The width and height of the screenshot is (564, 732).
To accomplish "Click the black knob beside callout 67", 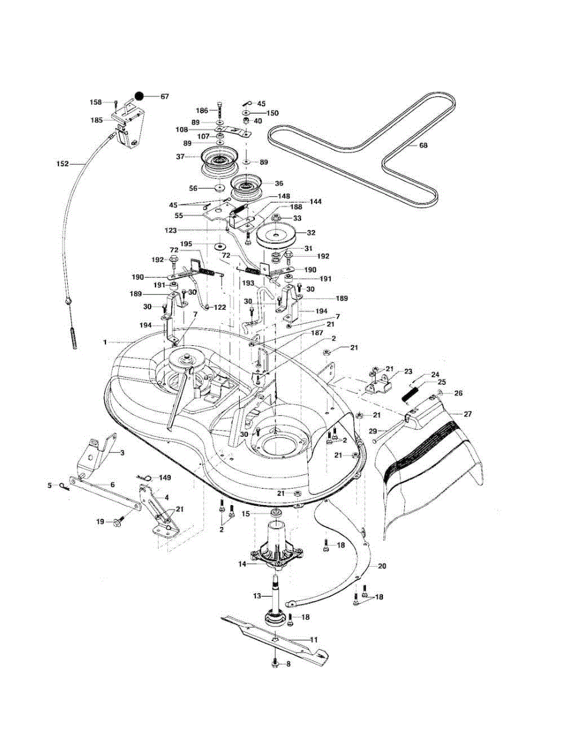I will coord(140,96).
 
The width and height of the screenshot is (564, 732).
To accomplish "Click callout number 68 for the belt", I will coord(423,146).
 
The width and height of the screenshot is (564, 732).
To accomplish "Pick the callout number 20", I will coord(382,566).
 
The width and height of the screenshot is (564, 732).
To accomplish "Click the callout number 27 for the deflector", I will coord(468,414).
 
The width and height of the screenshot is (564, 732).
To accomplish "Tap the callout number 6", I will coord(112,484).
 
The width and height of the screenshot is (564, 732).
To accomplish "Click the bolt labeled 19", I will coord(115,522).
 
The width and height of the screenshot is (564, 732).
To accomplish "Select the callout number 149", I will coord(165,478).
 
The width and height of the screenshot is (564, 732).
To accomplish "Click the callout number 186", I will coord(202,110).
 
